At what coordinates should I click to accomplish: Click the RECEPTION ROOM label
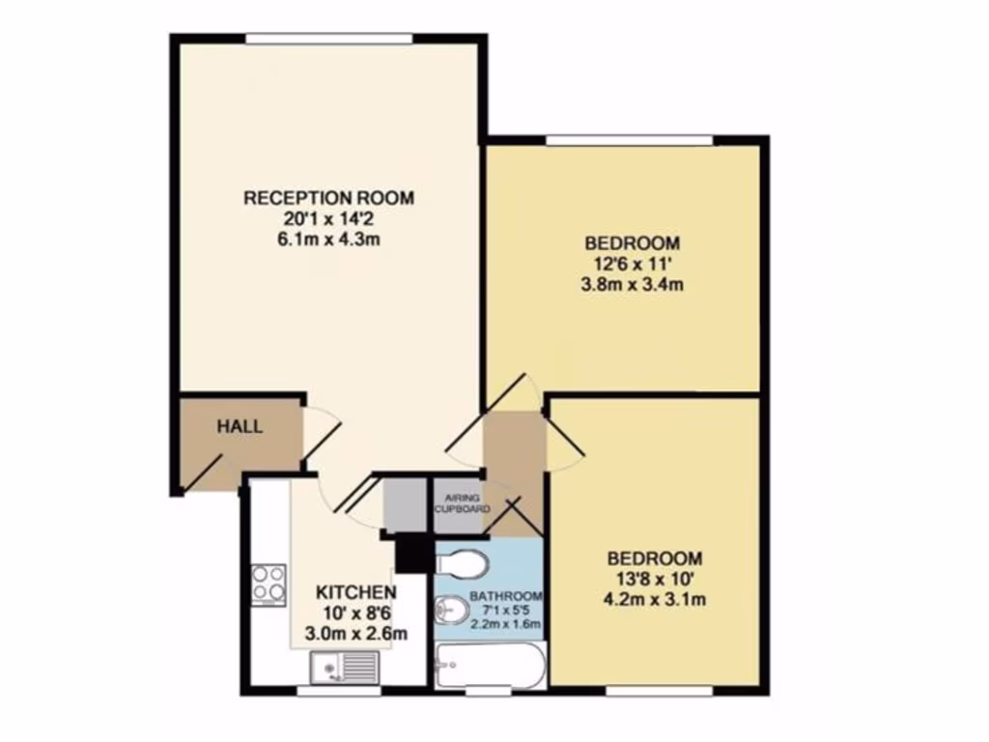point(328,198)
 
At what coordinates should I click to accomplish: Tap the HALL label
point(239,426)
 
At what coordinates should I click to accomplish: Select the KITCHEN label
point(355,592)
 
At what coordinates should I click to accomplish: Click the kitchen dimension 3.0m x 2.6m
point(355,634)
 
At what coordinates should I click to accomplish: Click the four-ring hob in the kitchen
point(268,583)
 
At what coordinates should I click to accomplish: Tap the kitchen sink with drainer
point(345,666)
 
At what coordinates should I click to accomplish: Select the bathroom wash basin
point(445,610)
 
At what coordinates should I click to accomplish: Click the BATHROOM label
point(505,596)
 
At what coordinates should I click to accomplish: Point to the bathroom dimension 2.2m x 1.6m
point(505,623)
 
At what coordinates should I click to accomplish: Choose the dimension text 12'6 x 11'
point(632,263)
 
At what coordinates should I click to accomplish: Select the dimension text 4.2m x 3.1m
point(654,599)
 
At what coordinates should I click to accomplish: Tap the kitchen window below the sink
point(337,690)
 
